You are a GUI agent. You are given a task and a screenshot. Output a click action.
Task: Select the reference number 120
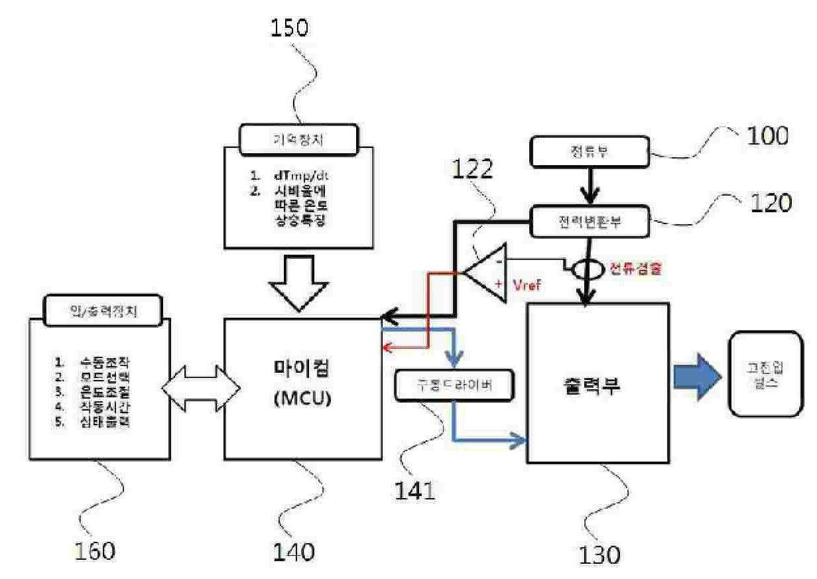(x=770, y=203)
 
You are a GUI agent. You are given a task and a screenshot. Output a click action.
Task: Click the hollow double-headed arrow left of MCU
(x=198, y=386)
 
